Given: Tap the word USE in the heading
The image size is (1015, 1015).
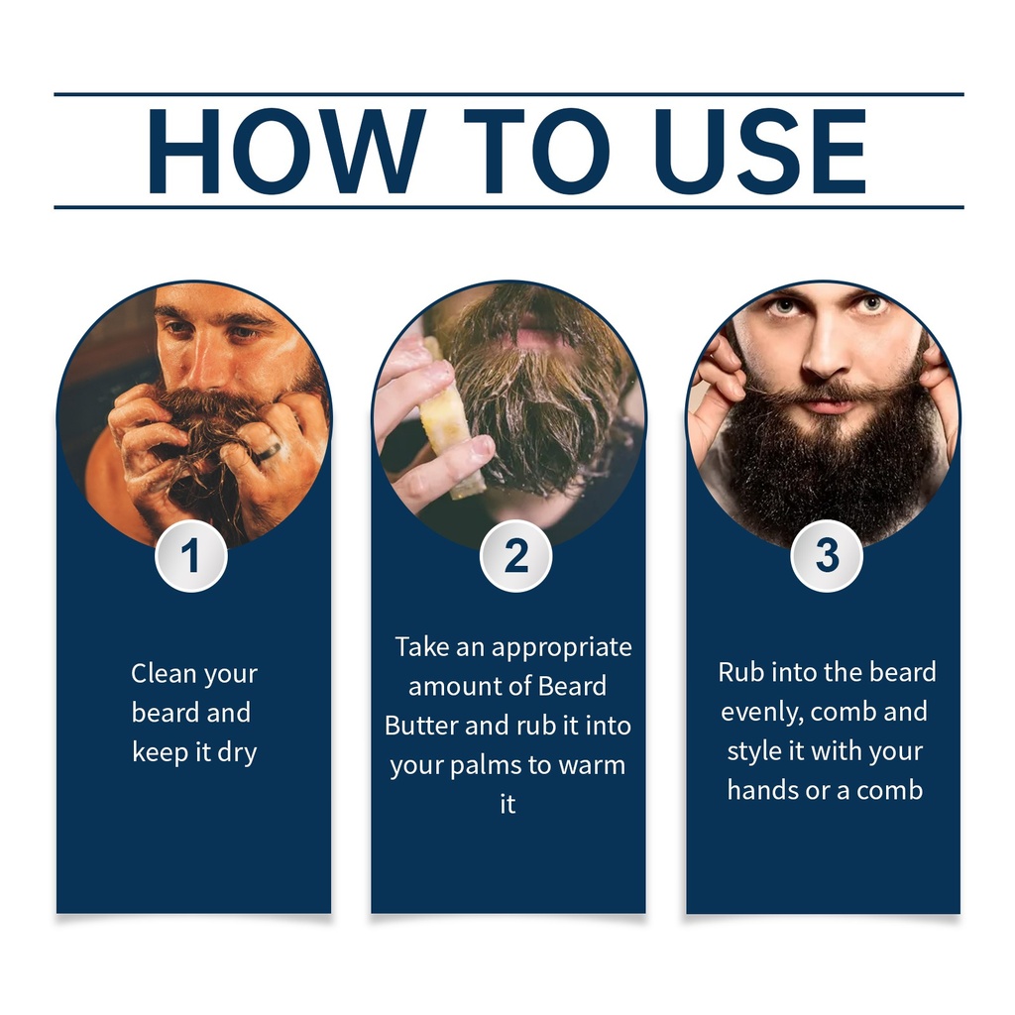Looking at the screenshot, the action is tap(760, 151).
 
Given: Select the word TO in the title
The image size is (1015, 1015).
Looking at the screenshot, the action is tap(536, 151).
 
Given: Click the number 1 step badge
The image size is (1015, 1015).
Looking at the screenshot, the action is tap(191, 556).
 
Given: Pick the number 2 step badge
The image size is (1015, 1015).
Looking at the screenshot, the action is tap(515, 556).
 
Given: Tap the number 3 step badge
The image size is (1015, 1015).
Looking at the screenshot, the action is tap(827, 556).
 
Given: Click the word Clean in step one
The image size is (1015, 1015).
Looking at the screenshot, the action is tap(164, 673).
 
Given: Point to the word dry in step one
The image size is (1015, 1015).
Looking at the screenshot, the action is tap(237, 753).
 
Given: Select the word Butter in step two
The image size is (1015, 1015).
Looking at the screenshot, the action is tap(421, 726).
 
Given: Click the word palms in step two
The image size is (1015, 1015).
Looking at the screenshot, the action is tap(486, 766).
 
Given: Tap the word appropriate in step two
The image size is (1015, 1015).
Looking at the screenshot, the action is tap(562, 648).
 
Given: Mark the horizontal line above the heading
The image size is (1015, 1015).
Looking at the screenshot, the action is tap(508, 94).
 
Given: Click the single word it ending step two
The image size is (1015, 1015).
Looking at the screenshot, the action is tap(507, 805).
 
